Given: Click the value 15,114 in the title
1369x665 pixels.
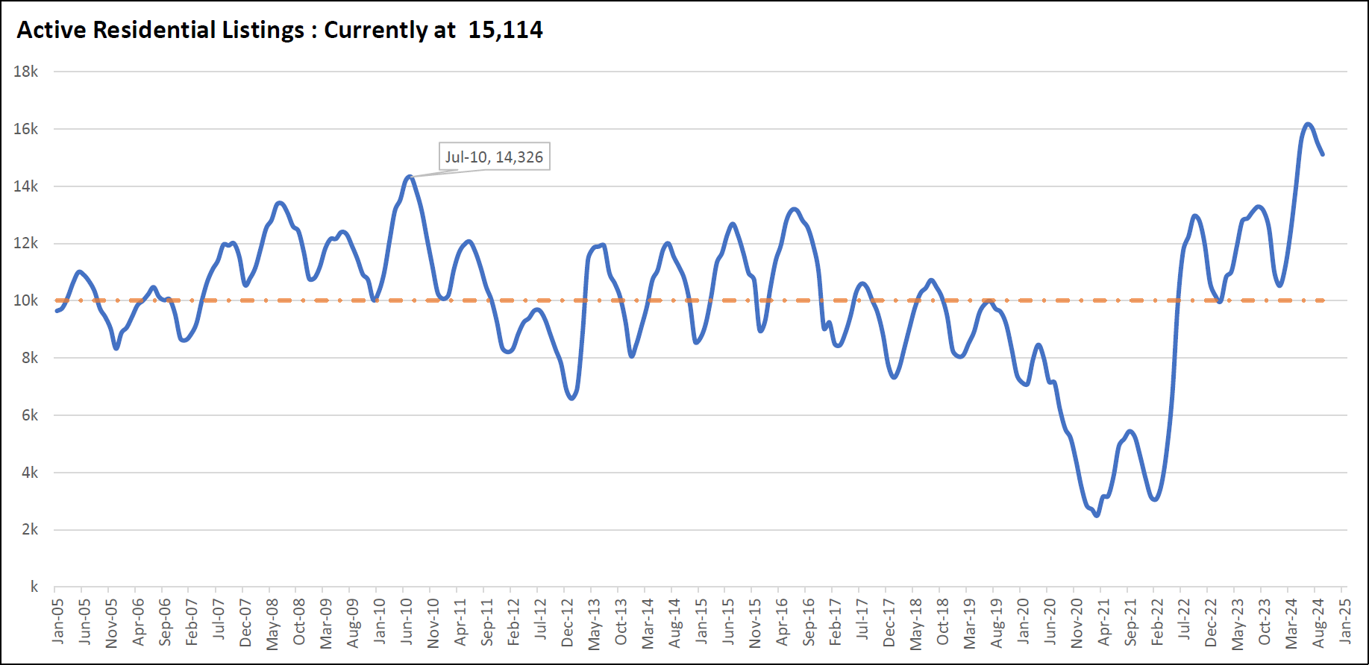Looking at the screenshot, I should pos(505,30).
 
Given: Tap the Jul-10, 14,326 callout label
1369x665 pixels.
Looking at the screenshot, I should pos(494,157).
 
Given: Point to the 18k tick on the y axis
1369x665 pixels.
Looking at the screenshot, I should pos(26,72).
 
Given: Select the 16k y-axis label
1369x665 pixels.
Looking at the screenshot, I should pos(26,129).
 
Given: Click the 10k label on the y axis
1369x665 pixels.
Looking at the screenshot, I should pos(26,300).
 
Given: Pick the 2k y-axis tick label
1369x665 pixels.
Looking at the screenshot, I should pos(30,529).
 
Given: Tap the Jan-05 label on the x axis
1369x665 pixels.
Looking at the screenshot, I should pos(58,620).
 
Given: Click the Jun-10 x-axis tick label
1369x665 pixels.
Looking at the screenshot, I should pos(407,620).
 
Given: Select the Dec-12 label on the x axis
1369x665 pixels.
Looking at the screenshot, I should pos(568,622).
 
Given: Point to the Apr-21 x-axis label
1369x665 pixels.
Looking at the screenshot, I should pos(1104,621).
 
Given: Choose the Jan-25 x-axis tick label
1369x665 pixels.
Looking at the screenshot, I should pos(1345,620).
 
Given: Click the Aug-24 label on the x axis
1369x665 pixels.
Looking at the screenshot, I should pos(1318,622).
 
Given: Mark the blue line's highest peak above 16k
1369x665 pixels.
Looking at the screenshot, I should pos(1308,124).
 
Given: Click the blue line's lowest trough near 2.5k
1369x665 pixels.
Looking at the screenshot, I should pos(1096,515).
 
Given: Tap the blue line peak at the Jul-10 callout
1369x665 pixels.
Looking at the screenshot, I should pos(409,177).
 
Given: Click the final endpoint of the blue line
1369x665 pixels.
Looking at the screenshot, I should pos(1323,154).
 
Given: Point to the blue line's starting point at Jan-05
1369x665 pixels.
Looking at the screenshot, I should pos(56,311).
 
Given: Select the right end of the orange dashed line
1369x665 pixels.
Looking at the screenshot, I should pos(1323,300).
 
